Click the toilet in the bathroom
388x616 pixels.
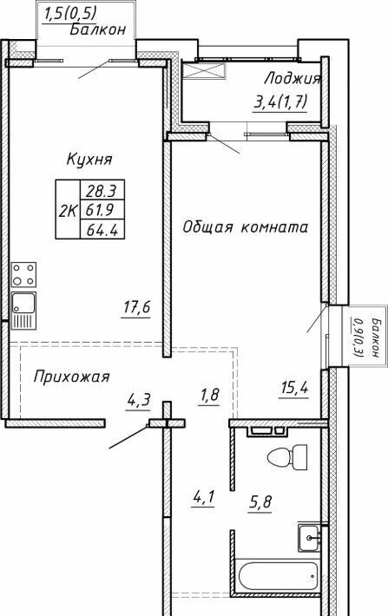click(x=287, y=457)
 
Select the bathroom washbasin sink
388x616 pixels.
click(x=309, y=537)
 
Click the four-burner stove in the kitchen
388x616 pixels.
click(x=24, y=275)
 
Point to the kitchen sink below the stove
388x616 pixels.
click(x=24, y=310)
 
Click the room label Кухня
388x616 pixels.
click(x=89, y=160)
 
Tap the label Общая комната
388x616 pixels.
click(x=246, y=227)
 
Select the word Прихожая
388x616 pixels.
click(x=71, y=377)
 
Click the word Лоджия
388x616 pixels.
click(x=293, y=79)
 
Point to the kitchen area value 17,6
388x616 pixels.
click(x=137, y=308)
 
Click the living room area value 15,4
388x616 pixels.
click(x=294, y=388)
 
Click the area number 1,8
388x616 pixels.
click(x=209, y=395)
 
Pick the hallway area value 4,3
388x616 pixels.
click(x=139, y=401)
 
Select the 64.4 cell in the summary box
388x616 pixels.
click(x=102, y=230)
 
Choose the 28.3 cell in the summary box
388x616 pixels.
click(x=102, y=191)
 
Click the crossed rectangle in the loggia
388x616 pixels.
click(x=205, y=70)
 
